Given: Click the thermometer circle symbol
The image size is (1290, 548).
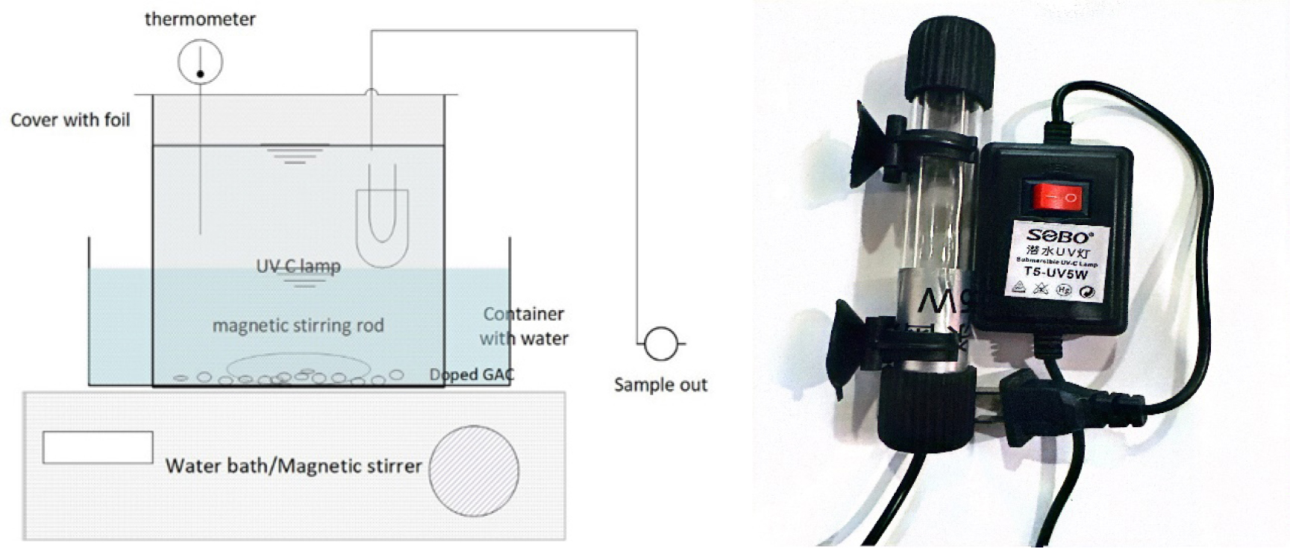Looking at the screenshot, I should coord(200,62).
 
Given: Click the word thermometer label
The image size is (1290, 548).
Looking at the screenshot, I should coord(200,19).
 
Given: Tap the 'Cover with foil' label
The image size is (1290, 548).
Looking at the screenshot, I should coord(70,120).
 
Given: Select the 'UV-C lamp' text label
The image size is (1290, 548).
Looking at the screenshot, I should coord(298,266).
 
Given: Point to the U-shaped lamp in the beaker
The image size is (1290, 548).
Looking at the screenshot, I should coord(381,224).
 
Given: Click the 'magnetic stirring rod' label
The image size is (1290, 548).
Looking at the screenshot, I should coord(298,326).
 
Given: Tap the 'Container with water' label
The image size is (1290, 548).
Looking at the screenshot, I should coord(524,326).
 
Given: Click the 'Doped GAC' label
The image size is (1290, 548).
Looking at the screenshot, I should coord(472,374).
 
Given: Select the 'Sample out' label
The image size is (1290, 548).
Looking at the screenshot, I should coord(660,385).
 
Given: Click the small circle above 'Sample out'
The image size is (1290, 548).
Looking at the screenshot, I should coord(660,344).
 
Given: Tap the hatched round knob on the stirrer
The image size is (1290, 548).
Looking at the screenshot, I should coord(473,470).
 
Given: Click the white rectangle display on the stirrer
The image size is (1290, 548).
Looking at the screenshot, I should coord(98,447).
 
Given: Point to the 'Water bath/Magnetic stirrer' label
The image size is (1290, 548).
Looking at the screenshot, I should coord(293,466).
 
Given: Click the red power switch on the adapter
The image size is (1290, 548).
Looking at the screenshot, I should coord(1056,198).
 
